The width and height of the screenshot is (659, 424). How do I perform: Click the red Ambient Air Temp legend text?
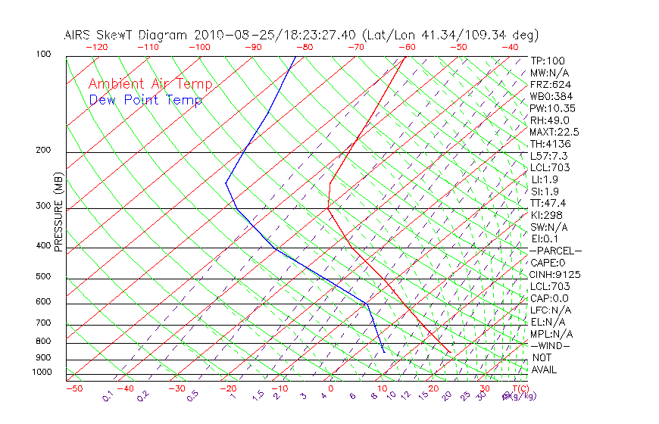click(150, 84)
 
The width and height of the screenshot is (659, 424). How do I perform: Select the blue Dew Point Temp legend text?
click(145, 100)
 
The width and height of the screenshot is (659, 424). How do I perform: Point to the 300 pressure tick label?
click(44, 206)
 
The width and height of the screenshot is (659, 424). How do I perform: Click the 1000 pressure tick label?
click(41, 373)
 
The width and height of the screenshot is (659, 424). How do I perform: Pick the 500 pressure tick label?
click(44, 276)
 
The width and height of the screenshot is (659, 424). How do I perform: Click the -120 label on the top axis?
click(96, 47)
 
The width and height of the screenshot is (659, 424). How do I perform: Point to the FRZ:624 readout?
click(551, 85)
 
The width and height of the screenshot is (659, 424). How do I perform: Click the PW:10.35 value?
click(552, 108)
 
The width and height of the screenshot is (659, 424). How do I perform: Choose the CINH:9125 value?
click(555, 274)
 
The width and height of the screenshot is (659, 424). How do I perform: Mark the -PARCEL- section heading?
click(556, 251)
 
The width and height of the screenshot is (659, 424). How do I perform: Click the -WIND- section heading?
click(551, 345)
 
